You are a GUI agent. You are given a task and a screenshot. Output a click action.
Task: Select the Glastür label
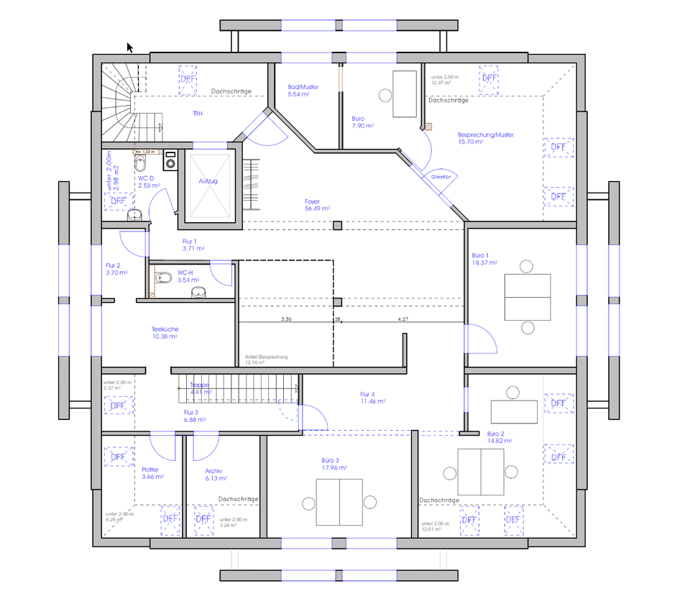point(441,176)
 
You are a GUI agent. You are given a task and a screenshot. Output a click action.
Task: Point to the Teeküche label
point(165,332)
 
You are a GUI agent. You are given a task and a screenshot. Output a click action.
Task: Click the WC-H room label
point(186,276)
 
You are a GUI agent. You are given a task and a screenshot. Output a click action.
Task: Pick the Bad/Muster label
point(303,91)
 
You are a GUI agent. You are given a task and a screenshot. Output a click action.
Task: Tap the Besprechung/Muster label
point(486,138)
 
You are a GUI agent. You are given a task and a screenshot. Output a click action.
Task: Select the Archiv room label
point(216,474)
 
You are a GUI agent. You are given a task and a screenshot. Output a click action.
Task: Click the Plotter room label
point(152,473)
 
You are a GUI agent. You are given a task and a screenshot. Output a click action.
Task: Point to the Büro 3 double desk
point(339,502)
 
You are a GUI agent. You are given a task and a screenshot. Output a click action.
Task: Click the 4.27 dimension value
point(403,319)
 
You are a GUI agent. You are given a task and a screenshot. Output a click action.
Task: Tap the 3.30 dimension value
point(285,319)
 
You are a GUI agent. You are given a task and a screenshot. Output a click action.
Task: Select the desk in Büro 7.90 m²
point(405,93)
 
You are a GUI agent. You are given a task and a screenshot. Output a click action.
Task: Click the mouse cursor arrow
point(130,47)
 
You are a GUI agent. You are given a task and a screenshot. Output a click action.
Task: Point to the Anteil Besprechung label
point(267,360)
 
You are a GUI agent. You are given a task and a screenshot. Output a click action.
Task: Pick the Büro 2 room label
point(495,438)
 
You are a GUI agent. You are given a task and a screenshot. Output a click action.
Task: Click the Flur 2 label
point(116,268)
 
